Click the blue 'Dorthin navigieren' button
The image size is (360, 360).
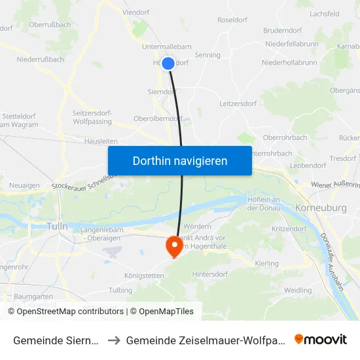click(180, 160)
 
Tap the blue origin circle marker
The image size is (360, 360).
click(168, 63)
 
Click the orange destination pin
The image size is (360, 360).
click(175, 245)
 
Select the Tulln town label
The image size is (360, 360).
click(58, 226)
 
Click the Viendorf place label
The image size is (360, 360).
click(136, 12)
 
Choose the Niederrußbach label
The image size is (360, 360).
click(41, 59)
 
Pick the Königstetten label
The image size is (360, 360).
click(144, 276)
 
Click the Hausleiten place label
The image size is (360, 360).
click(101, 141)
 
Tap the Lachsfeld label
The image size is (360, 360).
click(325, 13)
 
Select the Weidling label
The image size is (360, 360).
click(298, 290)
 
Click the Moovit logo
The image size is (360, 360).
click(321, 339)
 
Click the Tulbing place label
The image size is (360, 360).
click(120, 290)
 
